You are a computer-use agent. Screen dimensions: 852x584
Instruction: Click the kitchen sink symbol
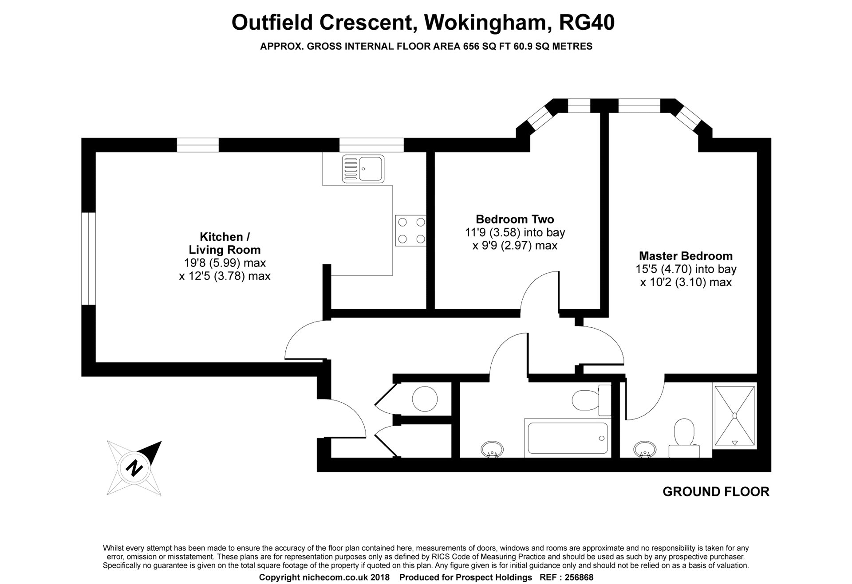pyautogui.click(x=363, y=169)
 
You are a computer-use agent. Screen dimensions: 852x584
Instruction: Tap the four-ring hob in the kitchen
pyautogui.click(x=410, y=231)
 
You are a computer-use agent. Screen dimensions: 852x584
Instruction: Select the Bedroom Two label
pyautogui.click(x=515, y=219)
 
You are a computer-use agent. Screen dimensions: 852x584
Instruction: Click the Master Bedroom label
pyautogui.click(x=686, y=256)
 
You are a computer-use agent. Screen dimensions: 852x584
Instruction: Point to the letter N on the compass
pyautogui.click(x=134, y=467)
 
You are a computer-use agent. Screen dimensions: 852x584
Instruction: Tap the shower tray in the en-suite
pyautogui.click(x=734, y=415)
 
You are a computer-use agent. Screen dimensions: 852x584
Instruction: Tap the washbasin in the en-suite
pyautogui.click(x=644, y=449)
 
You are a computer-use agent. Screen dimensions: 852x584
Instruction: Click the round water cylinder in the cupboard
pyautogui.click(x=425, y=399)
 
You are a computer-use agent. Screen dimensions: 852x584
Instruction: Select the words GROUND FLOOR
pyautogui.click(x=716, y=491)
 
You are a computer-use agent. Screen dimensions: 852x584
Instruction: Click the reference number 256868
pyautogui.click(x=579, y=577)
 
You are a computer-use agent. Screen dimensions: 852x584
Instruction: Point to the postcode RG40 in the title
pyautogui.click(x=587, y=23)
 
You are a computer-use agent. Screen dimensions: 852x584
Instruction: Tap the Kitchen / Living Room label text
pyautogui.click(x=224, y=243)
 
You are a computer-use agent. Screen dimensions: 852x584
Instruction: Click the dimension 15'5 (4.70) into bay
pyautogui.click(x=686, y=269)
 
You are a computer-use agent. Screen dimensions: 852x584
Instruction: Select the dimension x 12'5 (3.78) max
pyautogui.click(x=225, y=276)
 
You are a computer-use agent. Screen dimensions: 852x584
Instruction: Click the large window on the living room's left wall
pyautogui.click(x=89, y=259)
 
